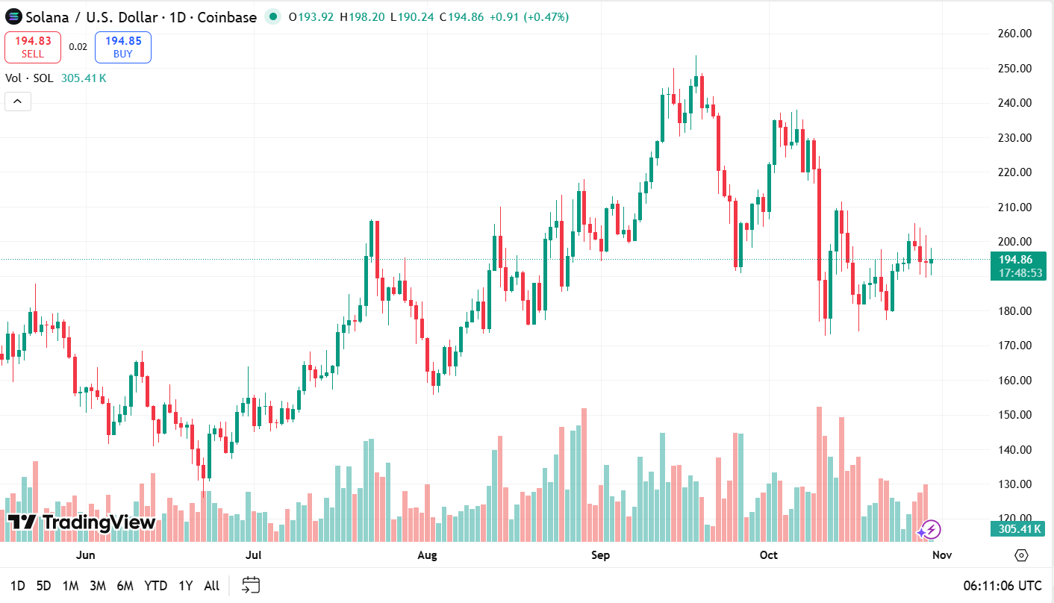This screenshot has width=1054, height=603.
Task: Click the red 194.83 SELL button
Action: pyautogui.click(x=33, y=47)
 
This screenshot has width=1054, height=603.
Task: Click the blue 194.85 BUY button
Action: pyautogui.click(x=123, y=47)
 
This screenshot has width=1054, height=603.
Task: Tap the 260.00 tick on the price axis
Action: pyautogui.click(x=1014, y=34)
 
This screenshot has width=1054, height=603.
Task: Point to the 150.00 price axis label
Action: pyautogui.click(x=1014, y=415)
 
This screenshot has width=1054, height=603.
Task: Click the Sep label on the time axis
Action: pyautogui.click(x=600, y=555)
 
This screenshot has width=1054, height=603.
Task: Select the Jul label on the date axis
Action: pyautogui.click(x=254, y=555)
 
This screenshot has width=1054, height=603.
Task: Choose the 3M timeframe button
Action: pyautogui.click(x=97, y=586)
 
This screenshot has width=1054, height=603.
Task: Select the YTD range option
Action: pyautogui.click(x=155, y=586)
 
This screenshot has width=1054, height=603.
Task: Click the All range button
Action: pyautogui.click(x=211, y=586)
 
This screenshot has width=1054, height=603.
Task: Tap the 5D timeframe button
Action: pyautogui.click(x=44, y=586)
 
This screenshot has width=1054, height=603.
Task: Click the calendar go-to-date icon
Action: pyautogui.click(x=251, y=585)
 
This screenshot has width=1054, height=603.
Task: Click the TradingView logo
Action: pyautogui.click(x=81, y=522)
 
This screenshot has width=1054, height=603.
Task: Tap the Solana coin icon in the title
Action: pyautogui.click(x=13, y=16)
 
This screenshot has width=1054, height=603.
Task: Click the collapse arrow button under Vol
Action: pyautogui.click(x=18, y=101)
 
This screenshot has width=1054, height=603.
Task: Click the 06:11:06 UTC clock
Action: pyautogui.click(x=1002, y=586)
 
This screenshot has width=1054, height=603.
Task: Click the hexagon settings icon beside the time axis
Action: pyautogui.click(x=1021, y=555)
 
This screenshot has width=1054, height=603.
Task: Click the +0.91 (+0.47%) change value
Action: pyautogui.click(x=531, y=16)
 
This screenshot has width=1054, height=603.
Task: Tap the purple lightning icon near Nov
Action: pyautogui.click(x=929, y=531)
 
